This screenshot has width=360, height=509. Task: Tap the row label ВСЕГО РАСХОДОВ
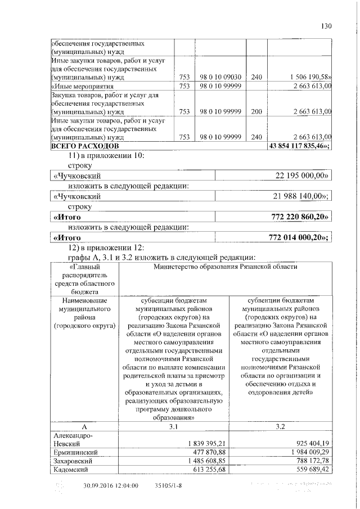[x=77, y=146]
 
